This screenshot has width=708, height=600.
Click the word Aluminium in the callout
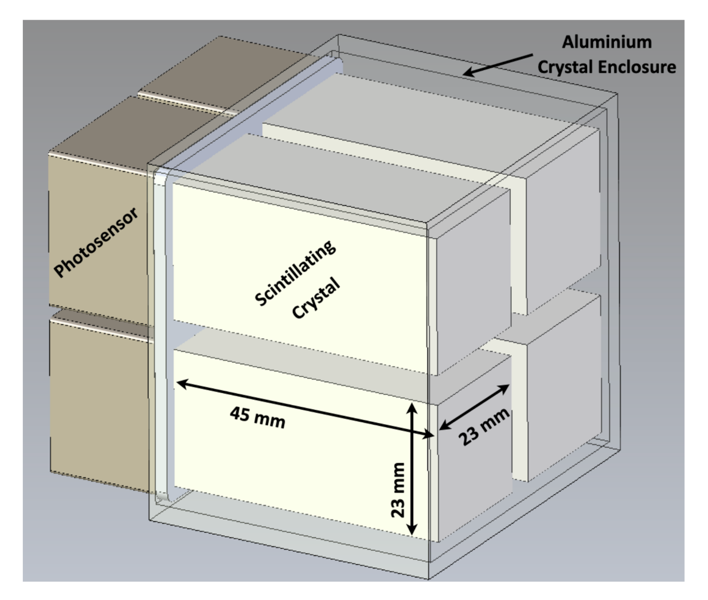tap(606, 42)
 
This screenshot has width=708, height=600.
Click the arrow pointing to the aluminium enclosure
tap(498, 64)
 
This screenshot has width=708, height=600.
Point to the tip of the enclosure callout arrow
tap(466, 74)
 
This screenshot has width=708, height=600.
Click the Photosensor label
tap(96, 242)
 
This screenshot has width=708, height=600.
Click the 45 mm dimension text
tap(257, 417)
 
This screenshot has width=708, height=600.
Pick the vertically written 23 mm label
tap(398, 489)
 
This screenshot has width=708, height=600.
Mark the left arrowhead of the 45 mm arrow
tap(181, 383)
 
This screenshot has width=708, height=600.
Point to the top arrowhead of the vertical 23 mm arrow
tap(412, 406)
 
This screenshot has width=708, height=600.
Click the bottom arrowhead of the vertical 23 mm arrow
tap(412, 532)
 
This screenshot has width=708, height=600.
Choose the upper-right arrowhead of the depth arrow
tap(504, 389)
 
